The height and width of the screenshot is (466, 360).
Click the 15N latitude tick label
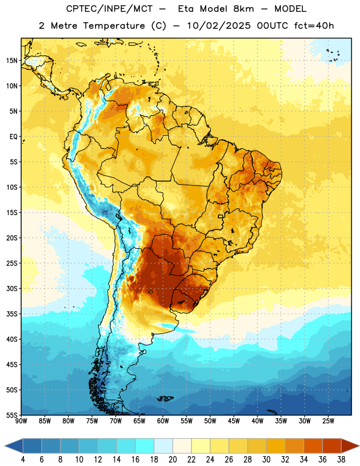pyautogui.click(x=12, y=61)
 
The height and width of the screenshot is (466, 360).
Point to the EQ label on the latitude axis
pyautogui.click(x=13, y=137)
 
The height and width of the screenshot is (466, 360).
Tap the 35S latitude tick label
pyautogui.click(x=12, y=314)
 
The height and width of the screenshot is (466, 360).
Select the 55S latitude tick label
pyautogui.click(x=12, y=415)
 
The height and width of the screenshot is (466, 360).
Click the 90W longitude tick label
pyautogui.click(x=21, y=421)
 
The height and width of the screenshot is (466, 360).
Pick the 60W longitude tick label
pyautogui.click(x=163, y=421)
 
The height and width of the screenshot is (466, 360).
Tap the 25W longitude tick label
pyautogui.click(x=328, y=421)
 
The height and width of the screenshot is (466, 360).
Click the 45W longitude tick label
pyautogui.click(x=234, y=421)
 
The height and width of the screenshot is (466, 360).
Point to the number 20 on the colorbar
pyautogui.click(x=172, y=460)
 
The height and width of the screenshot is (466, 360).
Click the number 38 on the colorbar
pyautogui.click(x=341, y=460)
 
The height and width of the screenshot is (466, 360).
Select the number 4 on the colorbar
pyautogui.click(x=23, y=460)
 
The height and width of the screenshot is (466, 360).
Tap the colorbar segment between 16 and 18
pyautogui.click(x=145, y=446)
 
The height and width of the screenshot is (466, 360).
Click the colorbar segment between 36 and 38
pyautogui.click(x=332, y=446)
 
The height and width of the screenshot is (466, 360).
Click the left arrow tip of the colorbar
pyautogui.click(x=5, y=446)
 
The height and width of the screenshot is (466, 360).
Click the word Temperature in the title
pyautogui.click(x=114, y=26)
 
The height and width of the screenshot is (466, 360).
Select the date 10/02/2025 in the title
pyautogui.click(x=219, y=26)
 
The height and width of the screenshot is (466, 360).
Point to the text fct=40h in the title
pyautogui.click(x=314, y=26)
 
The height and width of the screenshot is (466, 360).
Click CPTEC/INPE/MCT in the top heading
pyautogui.click(x=110, y=9)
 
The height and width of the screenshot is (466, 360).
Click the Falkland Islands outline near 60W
pyautogui.click(x=165, y=398)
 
